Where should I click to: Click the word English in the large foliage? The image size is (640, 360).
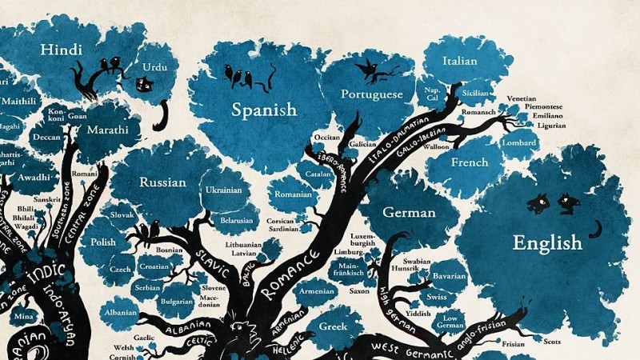pos(547,242)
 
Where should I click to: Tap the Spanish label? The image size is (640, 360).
pos(264,110)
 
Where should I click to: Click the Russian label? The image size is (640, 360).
pos(162,182)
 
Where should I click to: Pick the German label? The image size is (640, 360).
pos(409,213)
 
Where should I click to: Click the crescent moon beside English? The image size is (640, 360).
pos(594,230)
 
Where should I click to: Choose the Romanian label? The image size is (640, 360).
pos(293,194)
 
